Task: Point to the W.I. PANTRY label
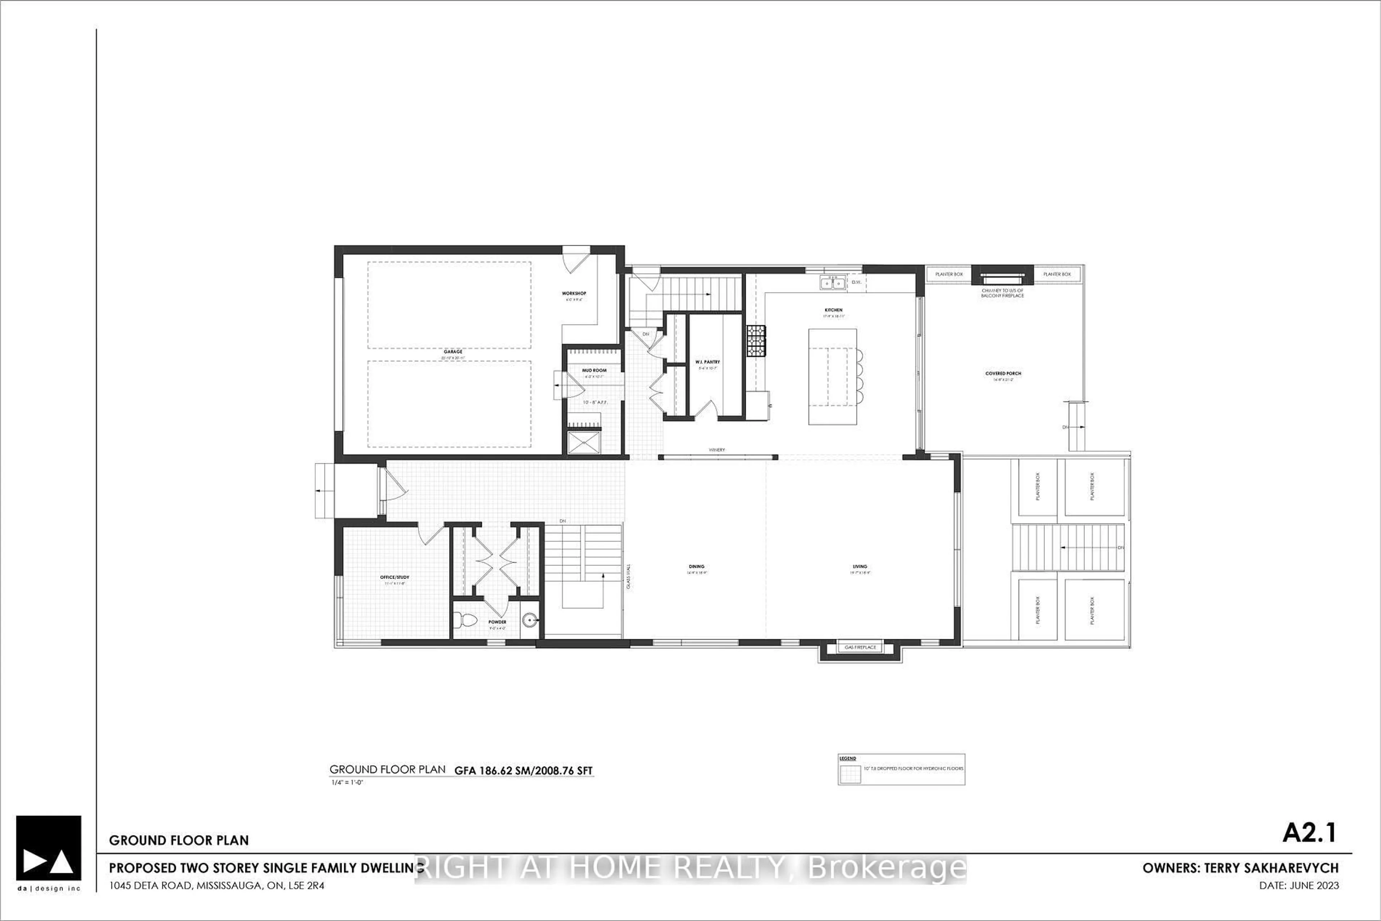[707, 362]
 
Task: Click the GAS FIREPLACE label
[860, 647]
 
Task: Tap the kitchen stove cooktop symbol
[756, 341]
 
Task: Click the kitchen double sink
[832, 283]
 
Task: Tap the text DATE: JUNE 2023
[1299, 885]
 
